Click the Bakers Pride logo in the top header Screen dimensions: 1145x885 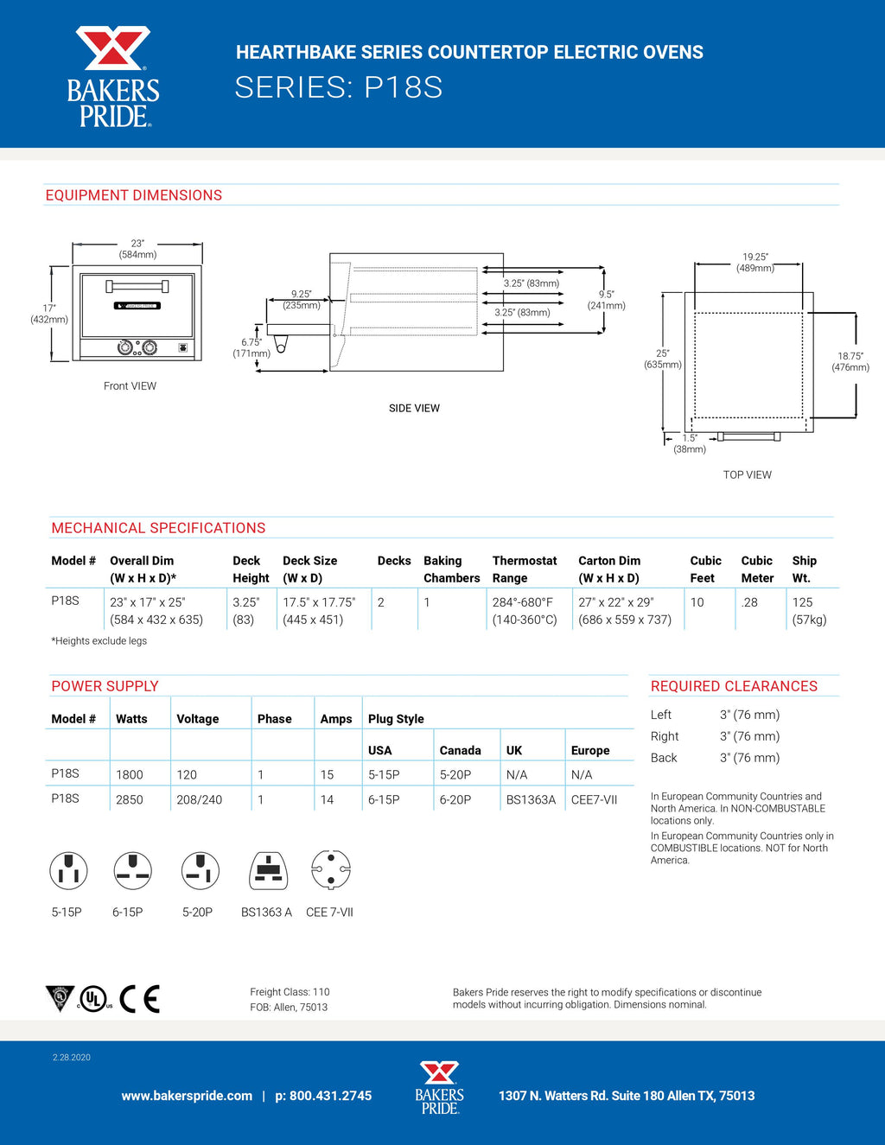(x=113, y=77)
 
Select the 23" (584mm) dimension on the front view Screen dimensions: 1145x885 (x=137, y=249)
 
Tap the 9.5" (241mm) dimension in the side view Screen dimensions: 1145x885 (x=606, y=300)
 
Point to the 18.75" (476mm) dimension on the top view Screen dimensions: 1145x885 (x=850, y=361)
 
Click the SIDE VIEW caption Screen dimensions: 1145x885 (x=414, y=408)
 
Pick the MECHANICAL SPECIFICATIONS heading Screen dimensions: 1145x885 (x=158, y=528)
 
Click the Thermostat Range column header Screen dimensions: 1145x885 (x=525, y=569)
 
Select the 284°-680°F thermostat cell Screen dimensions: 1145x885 (x=522, y=601)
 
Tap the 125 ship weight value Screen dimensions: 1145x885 (x=802, y=601)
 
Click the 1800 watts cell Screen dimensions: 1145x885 (x=130, y=774)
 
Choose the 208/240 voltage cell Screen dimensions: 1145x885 (x=199, y=799)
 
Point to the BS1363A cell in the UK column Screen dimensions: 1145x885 (x=531, y=799)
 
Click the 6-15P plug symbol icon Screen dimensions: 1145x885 (x=132, y=871)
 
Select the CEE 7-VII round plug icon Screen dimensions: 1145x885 (x=330, y=870)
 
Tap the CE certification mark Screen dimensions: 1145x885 (x=139, y=998)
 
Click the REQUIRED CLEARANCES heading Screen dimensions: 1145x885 (x=734, y=686)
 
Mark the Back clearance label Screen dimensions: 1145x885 (x=664, y=758)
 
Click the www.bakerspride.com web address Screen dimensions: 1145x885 (x=187, y=1096)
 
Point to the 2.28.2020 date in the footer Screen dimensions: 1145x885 (x=71, y=1057)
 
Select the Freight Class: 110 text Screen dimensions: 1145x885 (x=290, y=992)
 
